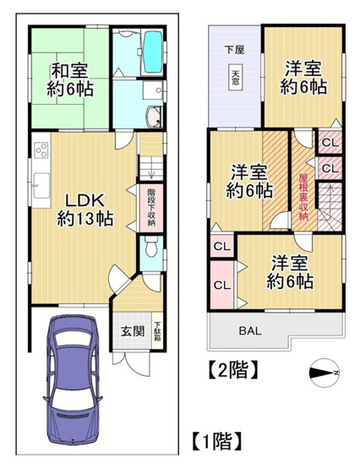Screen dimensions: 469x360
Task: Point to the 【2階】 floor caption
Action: (x=231, y=368)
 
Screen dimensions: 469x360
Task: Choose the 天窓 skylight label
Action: (x=236, y=77)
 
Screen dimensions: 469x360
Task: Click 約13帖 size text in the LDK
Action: (x=85, y=219)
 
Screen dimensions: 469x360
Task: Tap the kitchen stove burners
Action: (x=41, y=153)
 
